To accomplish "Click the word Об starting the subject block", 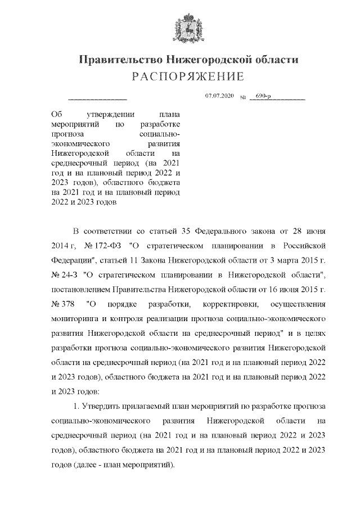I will pyautogui.click(x=56, y=113).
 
